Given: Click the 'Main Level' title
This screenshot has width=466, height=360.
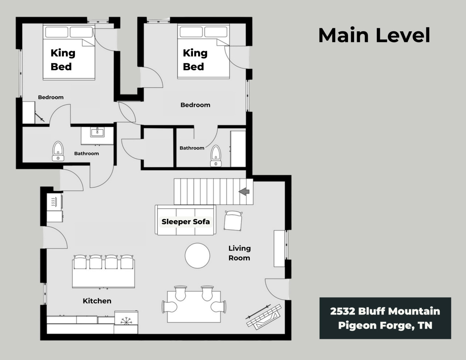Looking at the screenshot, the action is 374,35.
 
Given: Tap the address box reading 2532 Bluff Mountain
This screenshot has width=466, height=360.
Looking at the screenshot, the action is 385,318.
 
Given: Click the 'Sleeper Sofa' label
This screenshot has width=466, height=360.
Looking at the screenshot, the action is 186,221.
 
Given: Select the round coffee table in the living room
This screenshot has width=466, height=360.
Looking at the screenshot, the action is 197,256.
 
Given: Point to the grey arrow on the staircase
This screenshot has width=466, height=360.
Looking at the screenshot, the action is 244,191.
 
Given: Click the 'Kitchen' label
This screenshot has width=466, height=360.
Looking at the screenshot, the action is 97,301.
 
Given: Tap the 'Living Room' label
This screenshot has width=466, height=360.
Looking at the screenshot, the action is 239,253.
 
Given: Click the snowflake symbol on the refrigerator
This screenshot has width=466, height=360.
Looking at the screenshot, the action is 126,321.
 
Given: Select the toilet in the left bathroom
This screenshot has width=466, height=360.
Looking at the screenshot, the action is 58,151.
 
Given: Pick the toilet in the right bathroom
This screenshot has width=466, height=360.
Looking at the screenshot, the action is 216,156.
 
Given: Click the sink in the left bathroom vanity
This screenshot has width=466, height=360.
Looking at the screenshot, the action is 97,132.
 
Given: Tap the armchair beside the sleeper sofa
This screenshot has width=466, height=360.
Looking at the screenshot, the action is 233,221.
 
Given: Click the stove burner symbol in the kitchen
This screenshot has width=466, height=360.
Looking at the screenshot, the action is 53,202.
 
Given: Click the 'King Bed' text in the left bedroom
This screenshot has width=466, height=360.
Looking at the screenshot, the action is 63,60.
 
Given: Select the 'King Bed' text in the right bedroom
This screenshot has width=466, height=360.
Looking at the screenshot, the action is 195,60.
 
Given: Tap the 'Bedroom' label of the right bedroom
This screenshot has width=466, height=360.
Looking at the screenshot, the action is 195,105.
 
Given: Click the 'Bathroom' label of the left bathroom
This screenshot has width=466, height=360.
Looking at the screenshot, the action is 86,154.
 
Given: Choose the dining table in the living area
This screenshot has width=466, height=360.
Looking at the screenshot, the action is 194,306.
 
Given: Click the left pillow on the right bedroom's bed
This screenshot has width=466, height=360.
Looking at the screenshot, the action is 191,32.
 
